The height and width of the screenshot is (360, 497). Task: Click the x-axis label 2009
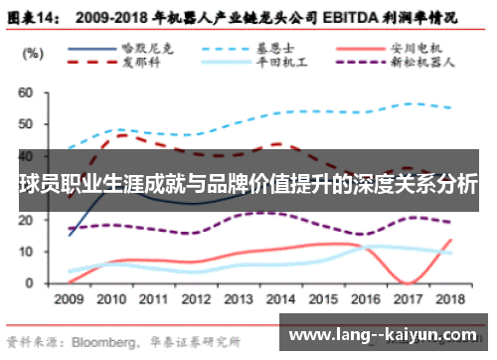coord(69,298)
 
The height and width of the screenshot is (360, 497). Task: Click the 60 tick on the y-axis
coord(27,93)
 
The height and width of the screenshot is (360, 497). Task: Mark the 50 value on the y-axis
coord(27,125)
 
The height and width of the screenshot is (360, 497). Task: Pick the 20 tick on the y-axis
coord(27,221)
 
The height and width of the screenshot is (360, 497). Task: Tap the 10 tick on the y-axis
coord(27,253)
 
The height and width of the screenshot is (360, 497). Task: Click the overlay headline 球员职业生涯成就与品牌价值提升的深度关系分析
coord(248,185)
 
